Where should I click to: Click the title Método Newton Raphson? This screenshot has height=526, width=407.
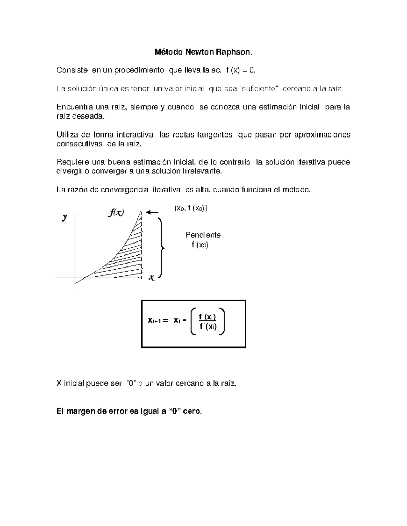coord(204,52)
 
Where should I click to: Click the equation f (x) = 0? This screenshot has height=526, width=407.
coord(240,70)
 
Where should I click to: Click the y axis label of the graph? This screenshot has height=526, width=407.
coord(64,217)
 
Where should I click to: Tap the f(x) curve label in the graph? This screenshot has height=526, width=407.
coord(116,213)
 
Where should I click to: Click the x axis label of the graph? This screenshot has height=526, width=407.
coord(151,278)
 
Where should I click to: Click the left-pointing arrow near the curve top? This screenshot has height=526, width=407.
coord(153,212)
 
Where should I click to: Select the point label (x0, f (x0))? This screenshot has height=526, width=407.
coord(191,208)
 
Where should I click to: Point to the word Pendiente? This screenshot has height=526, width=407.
coord(203,235)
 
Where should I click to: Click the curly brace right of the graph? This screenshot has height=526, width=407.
coord(161,248)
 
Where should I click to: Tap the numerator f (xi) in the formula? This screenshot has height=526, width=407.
coord(208,317)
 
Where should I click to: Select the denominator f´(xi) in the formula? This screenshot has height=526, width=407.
coord(208,327)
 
